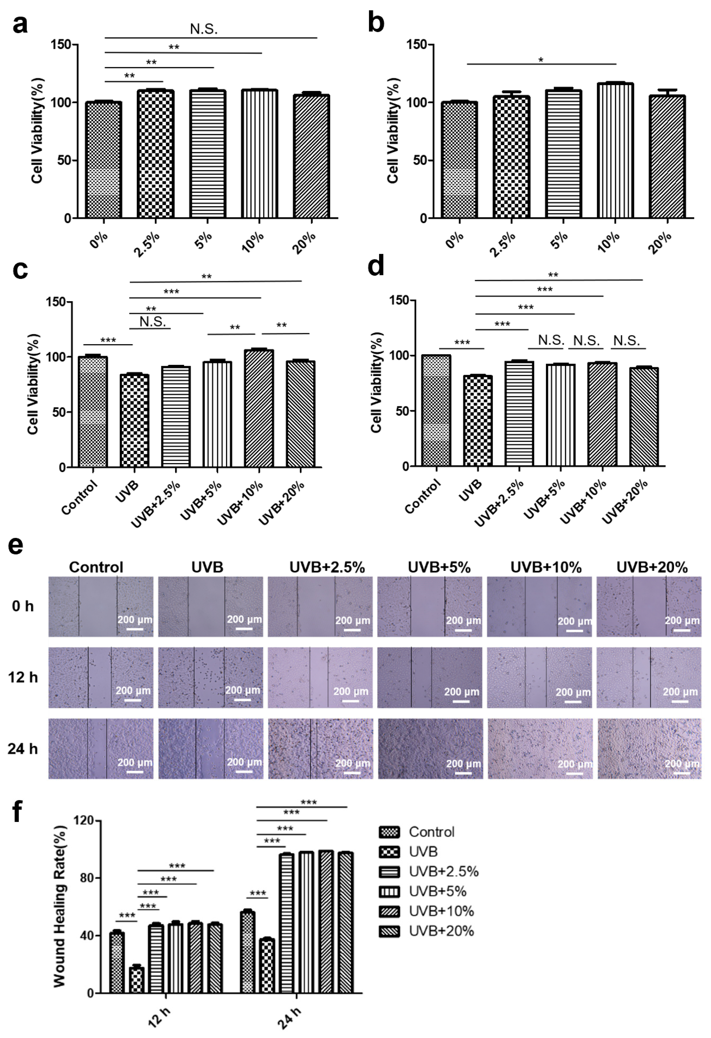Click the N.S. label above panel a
tap(204, 29)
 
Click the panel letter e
tap(16, 545)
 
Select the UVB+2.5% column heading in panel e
tap(327, 567)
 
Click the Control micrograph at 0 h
tap(100, 606)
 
